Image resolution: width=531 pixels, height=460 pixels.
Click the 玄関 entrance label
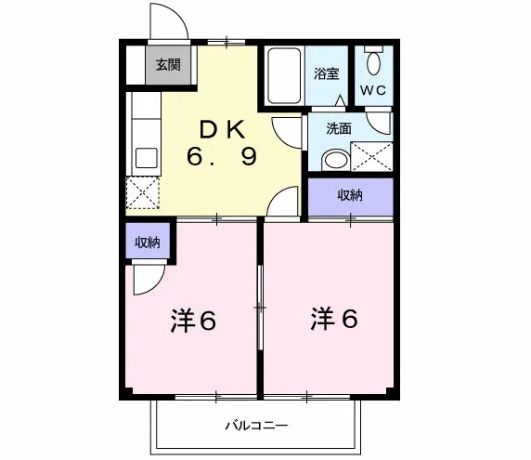coord(168,64)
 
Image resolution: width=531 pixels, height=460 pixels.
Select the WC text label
coord(372,90)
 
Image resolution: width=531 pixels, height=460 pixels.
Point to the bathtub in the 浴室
coord(284,75)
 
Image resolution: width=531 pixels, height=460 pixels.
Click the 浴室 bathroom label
coord(326,73)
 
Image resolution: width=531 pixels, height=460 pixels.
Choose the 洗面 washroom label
coord(339,128)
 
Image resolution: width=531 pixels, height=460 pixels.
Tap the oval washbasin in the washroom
coord(336,161)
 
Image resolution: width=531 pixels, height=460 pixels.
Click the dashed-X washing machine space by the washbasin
coord(372,156)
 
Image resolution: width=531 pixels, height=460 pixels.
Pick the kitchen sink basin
coord(147,158)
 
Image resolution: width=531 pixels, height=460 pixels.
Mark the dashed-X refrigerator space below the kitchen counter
coord(143,192)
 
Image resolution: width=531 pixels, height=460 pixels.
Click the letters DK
coord(223,130)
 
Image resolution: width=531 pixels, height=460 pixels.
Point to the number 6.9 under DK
coord(222,157)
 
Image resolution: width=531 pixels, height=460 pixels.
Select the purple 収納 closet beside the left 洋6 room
coord(148,241)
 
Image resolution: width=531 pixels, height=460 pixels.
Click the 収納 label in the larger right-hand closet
coord(350,195)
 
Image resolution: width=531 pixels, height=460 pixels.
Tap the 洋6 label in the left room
coord(193,321)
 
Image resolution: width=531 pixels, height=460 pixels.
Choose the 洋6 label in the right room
coord(334,319)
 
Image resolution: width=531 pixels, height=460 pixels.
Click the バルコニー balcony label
coord(257,425)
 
